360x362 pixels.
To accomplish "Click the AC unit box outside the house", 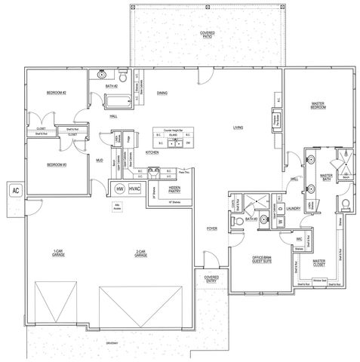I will pyautogui.click(x=15, y=191).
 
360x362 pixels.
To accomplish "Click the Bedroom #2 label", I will pyautogui.click(x=57, y=93).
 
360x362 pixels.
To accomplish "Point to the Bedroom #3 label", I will pyautogui.click(x=57, y=164).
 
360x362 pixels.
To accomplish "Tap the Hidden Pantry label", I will pyautogui.click(x=174, y=189).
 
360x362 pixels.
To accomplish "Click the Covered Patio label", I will pyautogui.click(x=207, y=35).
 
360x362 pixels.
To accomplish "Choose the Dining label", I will pyautogui.click(x=162, y=93).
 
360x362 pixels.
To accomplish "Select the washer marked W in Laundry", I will pyautogui.click(x=281, y=222).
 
